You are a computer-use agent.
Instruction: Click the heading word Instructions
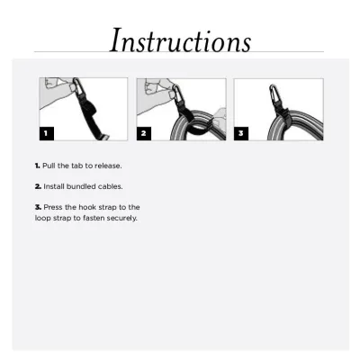(180, 40)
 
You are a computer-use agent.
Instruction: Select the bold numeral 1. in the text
(38, 166)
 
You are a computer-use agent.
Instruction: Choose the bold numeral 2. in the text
(38, 186)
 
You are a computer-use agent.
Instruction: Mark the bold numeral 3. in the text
(38, 207)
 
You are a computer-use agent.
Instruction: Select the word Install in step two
(56, 186)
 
